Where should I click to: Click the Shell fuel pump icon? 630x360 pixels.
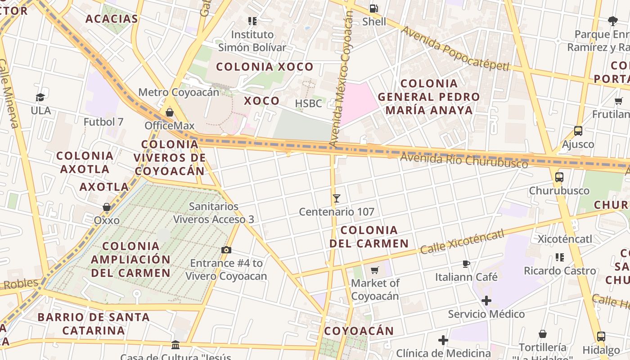click(373, 8)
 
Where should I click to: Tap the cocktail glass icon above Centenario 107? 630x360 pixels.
click(336, 198)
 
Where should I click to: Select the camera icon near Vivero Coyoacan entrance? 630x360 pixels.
click(226, 250)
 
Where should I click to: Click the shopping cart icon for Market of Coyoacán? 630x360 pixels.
click(374, 270)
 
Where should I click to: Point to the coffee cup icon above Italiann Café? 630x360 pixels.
click(466, 264)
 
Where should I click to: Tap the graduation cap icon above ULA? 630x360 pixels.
click(40, 97)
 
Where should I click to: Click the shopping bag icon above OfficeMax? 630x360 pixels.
click(170, 112)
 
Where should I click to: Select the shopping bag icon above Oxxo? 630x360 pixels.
click(107, 207)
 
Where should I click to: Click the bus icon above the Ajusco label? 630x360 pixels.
click(578, 131)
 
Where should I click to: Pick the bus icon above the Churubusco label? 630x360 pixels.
click(559, 177)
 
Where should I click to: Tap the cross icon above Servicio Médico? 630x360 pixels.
click(486, 301)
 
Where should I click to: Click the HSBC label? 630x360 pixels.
click(309, 103)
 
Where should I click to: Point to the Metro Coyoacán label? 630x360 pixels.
click(179, 92)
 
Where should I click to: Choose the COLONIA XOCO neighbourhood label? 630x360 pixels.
click(265, 67)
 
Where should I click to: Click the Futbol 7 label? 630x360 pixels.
click(103, 121)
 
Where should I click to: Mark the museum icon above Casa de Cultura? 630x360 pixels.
click(175, 345)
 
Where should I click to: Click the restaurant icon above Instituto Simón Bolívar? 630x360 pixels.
click(252, 21)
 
